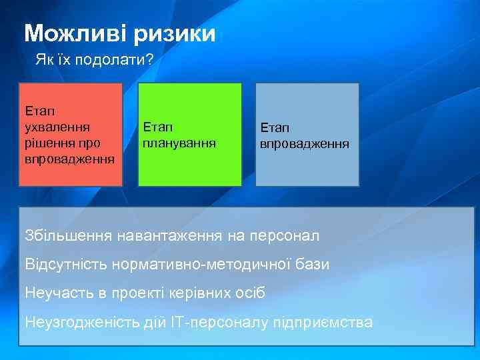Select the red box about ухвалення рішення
(70, 134)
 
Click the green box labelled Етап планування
(189, 134)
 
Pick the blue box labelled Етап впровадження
(307, 134)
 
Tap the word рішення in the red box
(49, 142)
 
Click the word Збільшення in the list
(68, 235)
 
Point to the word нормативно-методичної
(200, 264)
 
